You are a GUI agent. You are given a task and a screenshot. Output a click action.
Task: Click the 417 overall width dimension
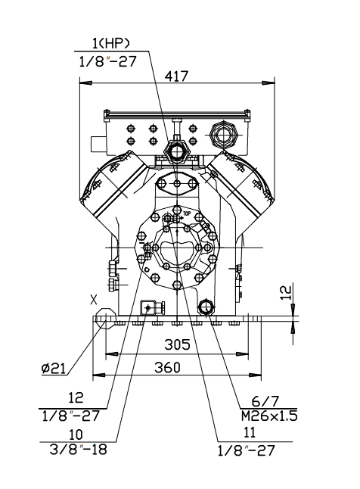pyautogui.click(x=175, y=76)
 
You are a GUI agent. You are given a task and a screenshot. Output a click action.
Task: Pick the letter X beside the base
pyautogui.click(x=94, y=299)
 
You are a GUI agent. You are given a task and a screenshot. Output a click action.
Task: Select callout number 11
pyautogui.click(x=244, y=434)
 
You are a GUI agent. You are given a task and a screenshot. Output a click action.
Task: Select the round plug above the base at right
pyautogui.click(x=205, y=307)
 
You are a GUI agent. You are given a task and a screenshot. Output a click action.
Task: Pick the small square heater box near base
pyautogui.click(x=147, y=307)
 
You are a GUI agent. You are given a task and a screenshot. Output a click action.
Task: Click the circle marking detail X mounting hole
pyautogui.click(x=105, y=320)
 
